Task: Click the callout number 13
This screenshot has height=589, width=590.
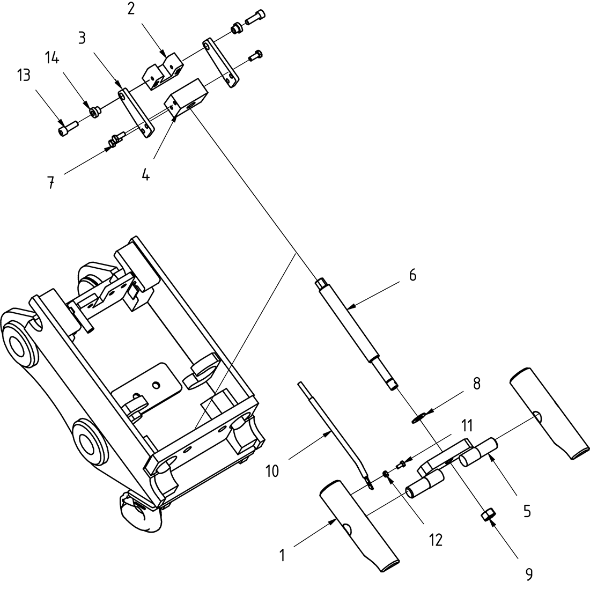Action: (24, 76)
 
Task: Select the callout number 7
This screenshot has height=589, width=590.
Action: (50, 183)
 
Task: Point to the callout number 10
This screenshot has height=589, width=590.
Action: (272, 471)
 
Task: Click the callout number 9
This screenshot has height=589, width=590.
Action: (529, 574)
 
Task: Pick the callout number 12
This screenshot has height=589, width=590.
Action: (436, 540)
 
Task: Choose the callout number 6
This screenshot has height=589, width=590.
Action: (412, 275)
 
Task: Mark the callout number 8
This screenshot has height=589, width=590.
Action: (476, 384)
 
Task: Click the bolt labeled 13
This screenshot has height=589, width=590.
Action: (68, 128)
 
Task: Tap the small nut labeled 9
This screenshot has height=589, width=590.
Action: (486, 516)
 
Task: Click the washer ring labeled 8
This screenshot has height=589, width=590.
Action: (419, 417)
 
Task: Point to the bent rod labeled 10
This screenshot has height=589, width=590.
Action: (333, 424)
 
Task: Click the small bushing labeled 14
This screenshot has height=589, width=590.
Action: (96, 112)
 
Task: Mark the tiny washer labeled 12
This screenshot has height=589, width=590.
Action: (386, 474)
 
